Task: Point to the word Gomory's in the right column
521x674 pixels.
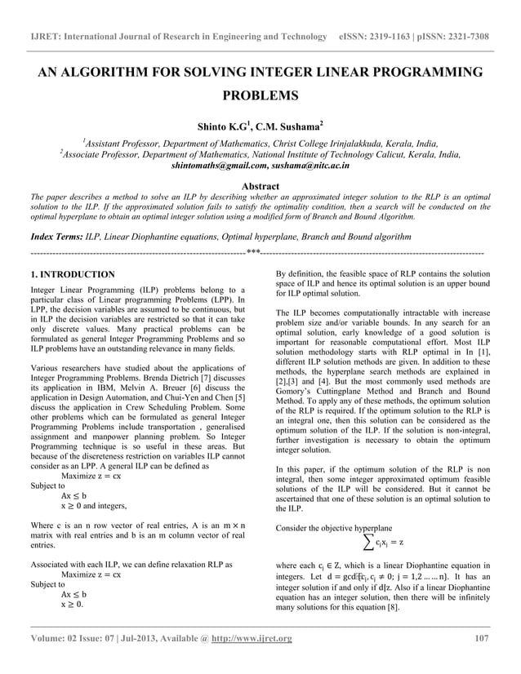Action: click(297, 401)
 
